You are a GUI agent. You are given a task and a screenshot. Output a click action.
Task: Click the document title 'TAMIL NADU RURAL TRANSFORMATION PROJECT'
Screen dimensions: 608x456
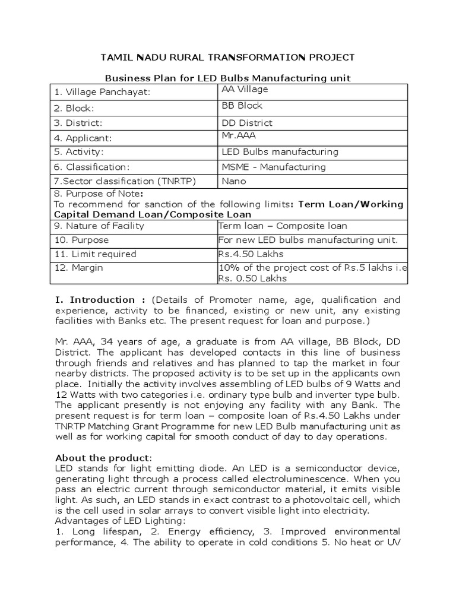pos(227,57)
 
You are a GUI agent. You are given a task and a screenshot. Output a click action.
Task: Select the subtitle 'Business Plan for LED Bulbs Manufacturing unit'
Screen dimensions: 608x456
pos(227,78)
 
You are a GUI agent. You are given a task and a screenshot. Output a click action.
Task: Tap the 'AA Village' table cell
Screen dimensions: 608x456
pos(245,89)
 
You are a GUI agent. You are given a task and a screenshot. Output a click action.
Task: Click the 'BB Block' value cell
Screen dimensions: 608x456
pos(242,106)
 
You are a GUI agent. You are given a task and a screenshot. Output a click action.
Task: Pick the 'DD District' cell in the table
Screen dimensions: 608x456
pos(247,123)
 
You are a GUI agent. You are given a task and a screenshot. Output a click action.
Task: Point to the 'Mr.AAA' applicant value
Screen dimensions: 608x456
pos(237,135)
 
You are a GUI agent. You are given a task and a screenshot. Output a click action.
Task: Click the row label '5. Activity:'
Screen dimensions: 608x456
pos(78,152)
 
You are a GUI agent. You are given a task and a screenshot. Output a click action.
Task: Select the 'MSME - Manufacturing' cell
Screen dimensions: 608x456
pos(273,167)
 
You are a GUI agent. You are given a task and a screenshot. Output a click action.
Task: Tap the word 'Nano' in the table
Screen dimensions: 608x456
pos(233,182)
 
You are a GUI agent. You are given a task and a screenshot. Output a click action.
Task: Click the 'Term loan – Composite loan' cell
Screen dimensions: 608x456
pos(283,226)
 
